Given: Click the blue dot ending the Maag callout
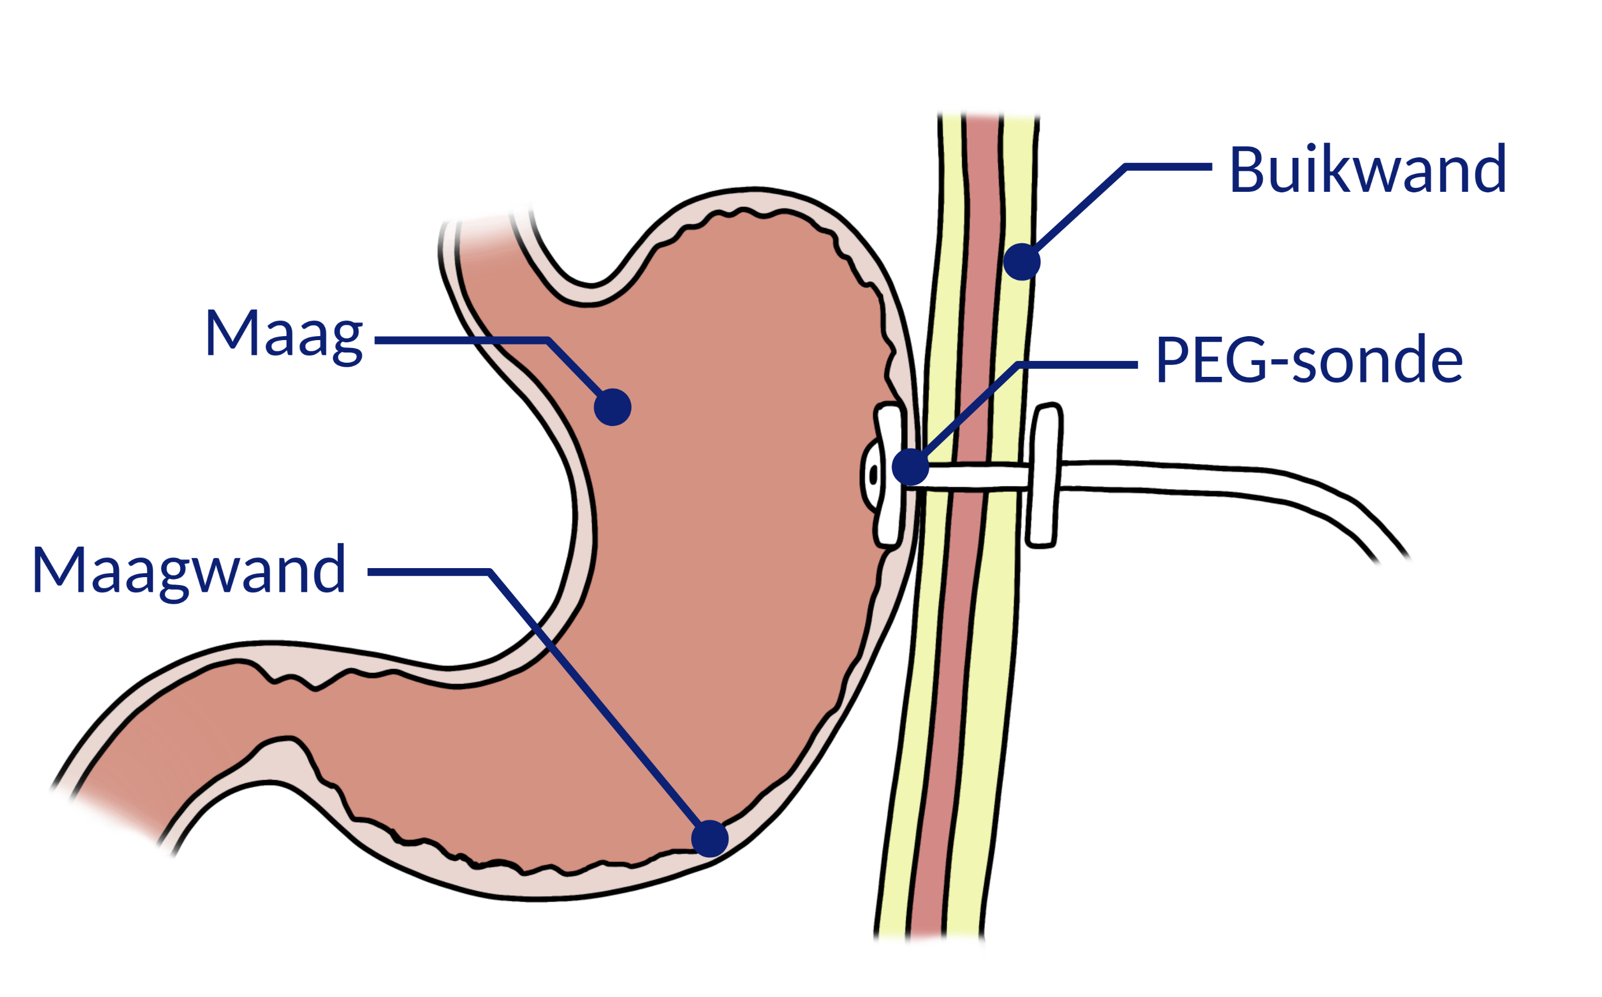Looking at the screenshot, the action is coord(613,407).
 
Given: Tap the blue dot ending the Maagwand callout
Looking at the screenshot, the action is coord(710,839).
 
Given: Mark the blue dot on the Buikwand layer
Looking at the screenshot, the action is coord(1022,262).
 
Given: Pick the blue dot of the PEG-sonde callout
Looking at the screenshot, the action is coord(910,467).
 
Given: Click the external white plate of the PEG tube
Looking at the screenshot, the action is coord(1045,475).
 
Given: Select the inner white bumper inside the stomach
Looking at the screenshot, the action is coord(887,475).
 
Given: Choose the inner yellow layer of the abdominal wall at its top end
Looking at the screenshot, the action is coord(951,132).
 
